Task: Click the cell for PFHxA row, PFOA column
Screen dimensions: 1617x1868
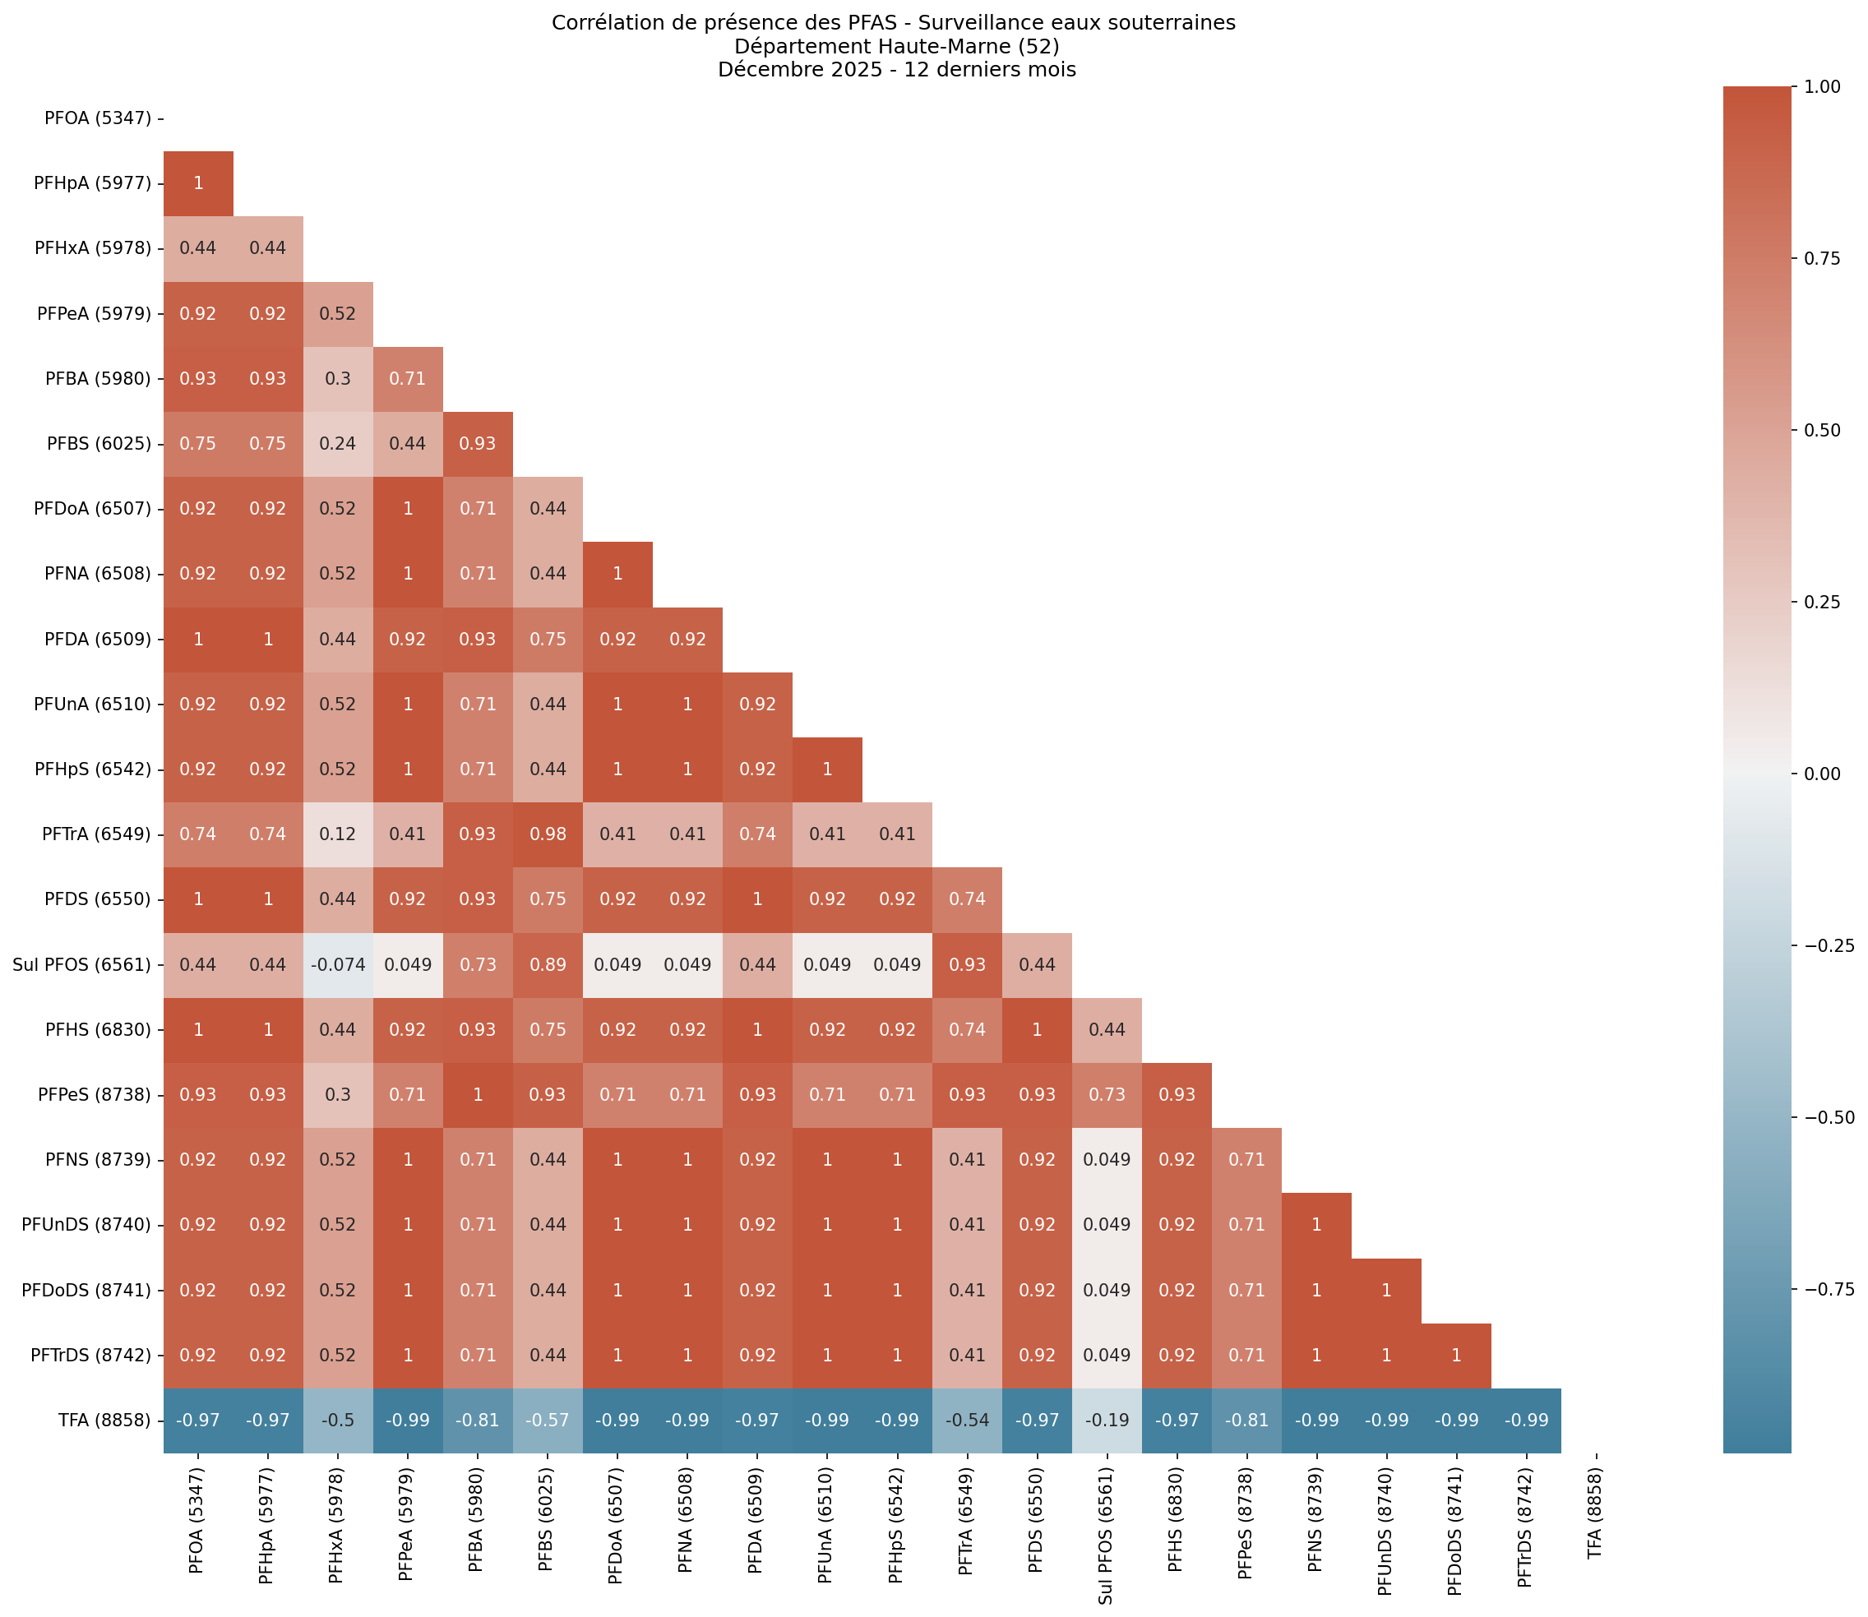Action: click(197, 248)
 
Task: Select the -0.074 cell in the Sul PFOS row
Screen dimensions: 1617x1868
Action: click(337, 964)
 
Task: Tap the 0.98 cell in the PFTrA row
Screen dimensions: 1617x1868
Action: click(547, 834)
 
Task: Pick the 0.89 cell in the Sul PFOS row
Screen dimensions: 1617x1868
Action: click(547, 964)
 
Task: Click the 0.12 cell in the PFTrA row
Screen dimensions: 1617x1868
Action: click(337, 834)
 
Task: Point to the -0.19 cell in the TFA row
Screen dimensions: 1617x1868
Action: click(1107, 1421)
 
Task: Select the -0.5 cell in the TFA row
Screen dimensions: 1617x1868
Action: click(337, 1421)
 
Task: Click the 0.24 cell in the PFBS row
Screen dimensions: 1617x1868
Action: click(337, 443)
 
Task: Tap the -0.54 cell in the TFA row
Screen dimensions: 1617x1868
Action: click(967, 1421)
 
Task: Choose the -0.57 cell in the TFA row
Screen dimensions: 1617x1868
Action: click(547, 1421)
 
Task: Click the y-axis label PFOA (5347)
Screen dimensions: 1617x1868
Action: click(98, 118)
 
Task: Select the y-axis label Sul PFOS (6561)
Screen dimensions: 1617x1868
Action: click(82, 964)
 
